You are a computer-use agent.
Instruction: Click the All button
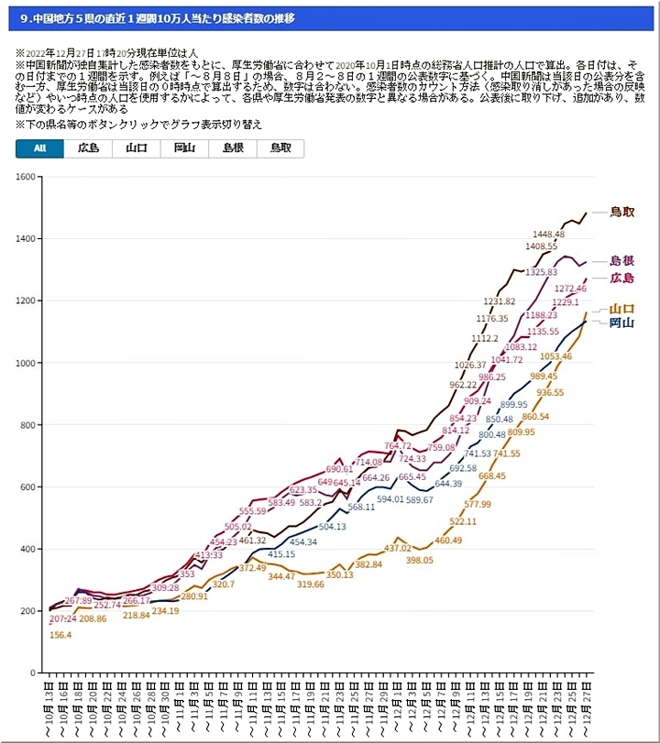[40, 148]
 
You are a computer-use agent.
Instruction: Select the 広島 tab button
[88, 148]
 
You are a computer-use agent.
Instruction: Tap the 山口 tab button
[136, 148]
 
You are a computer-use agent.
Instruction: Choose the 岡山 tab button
[184, 148]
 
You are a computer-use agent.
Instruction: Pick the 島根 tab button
[232, 148]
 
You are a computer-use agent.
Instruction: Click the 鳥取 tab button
[280, 148]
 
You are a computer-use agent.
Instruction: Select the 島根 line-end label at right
[622, 261]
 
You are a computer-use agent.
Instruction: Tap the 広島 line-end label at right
[622, 278]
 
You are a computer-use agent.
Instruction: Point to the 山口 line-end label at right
[622, 309]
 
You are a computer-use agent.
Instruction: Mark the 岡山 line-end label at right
[622, 322]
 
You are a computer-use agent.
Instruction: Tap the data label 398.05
[418, 560]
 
